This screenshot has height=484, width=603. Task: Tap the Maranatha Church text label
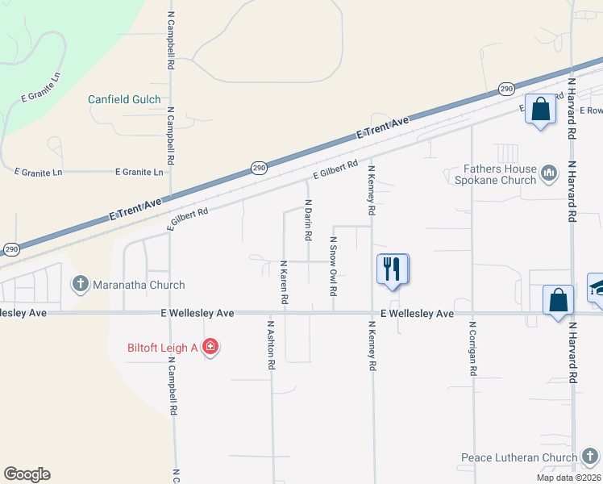pos(138,285)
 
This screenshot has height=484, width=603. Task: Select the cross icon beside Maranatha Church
pos(80,284)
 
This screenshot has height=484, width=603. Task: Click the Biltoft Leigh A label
pos(163,348)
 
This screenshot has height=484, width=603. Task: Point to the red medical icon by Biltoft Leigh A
pos(210,348)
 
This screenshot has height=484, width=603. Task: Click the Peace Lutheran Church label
pos(519,457)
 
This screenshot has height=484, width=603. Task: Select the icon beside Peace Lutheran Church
pos(591,457)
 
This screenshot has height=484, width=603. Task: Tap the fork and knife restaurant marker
pos(392,269)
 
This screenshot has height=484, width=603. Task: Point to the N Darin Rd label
pos(308,220)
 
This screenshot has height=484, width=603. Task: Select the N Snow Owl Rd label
pos(332,261)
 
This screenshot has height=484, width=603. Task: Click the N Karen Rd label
pos(284,282)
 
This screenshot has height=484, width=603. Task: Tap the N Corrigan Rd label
pos(472,350)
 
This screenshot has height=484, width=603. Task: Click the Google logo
pos(27,474)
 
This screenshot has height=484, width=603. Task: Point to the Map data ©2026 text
pos(568,478)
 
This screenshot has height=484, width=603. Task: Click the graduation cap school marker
pos(597,288)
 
